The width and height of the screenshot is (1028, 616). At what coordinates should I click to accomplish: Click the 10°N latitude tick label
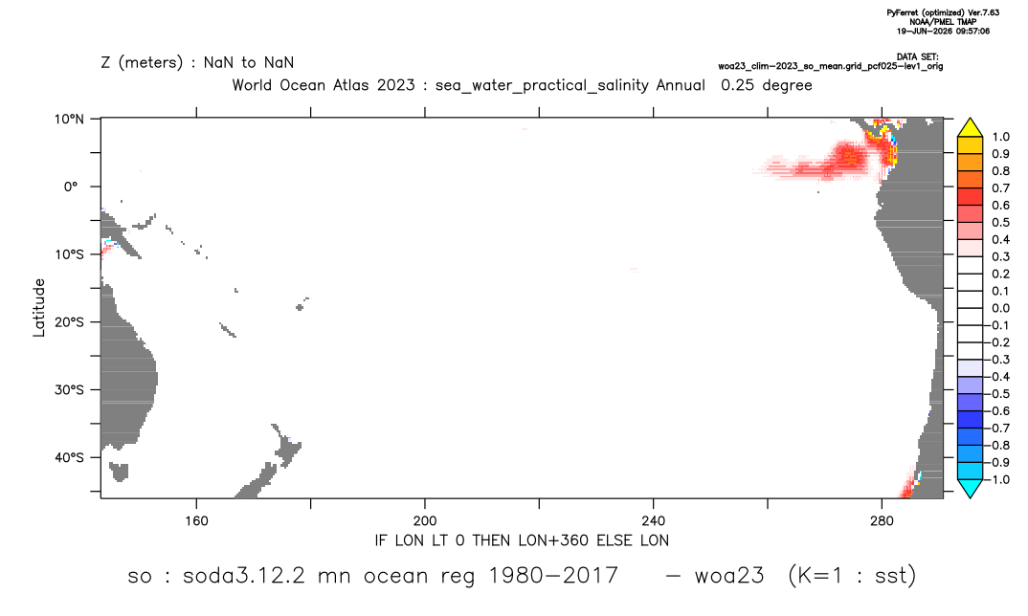69,119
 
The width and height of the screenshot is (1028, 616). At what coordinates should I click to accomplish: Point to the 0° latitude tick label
71,187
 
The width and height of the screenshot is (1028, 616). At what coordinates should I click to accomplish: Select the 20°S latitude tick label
69,321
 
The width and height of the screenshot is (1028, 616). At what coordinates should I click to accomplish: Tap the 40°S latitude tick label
69,457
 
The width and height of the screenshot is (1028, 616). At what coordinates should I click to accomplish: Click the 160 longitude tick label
196,521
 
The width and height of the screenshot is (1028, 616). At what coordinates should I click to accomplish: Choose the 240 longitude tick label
654,521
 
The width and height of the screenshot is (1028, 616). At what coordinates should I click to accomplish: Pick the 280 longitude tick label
882,521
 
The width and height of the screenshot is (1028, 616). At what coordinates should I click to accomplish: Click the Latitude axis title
39,308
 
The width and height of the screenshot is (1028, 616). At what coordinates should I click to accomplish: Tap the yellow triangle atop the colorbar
970,127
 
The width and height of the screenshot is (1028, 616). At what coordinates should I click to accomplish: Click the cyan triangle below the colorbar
970,488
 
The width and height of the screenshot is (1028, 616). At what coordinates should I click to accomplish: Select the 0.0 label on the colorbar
1000,308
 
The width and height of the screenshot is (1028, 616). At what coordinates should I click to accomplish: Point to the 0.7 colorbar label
1000,188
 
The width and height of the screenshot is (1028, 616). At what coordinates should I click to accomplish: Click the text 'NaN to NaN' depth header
249,63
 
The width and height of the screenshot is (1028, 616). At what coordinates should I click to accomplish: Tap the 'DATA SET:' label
917,57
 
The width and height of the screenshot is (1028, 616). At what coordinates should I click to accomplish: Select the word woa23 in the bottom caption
729,576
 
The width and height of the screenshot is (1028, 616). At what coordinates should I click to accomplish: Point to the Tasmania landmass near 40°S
119,472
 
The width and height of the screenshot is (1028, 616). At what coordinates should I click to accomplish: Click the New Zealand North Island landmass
286,447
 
